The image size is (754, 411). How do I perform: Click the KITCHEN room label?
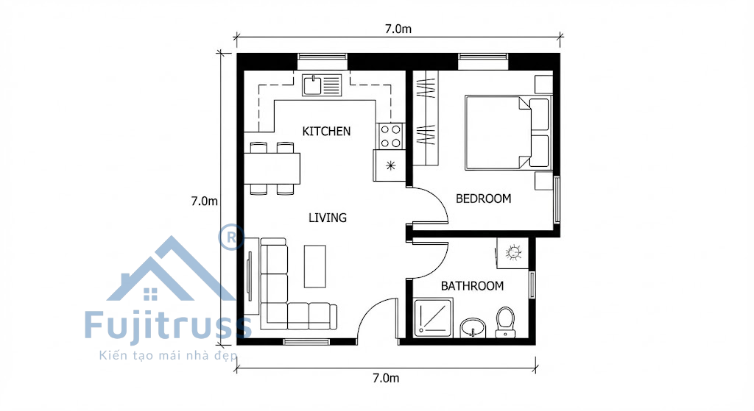click(326, 131)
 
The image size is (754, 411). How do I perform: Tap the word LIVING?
click(328, 218)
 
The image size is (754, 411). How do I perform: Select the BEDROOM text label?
click(483, 199)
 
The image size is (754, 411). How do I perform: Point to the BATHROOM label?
click(472, 286)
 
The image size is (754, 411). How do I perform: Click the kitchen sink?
click(322, 85)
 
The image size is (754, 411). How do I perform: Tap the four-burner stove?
click(390, 136)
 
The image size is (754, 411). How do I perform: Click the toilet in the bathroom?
click(505, 322)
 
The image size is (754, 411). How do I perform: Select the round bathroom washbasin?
click(473, 328)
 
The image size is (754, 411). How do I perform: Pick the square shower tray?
click(433, 318)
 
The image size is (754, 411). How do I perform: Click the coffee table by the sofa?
click(315, 266)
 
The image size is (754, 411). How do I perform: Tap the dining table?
click(272, 168)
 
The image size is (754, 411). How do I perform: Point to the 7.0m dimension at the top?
click(398, 29)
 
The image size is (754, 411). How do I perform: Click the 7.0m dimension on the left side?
click(205, 201)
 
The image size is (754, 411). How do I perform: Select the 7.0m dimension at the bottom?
click(386, 378)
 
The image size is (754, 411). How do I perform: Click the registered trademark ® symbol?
click(232, 237)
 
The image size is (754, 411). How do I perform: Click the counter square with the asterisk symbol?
click(390, 165)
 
